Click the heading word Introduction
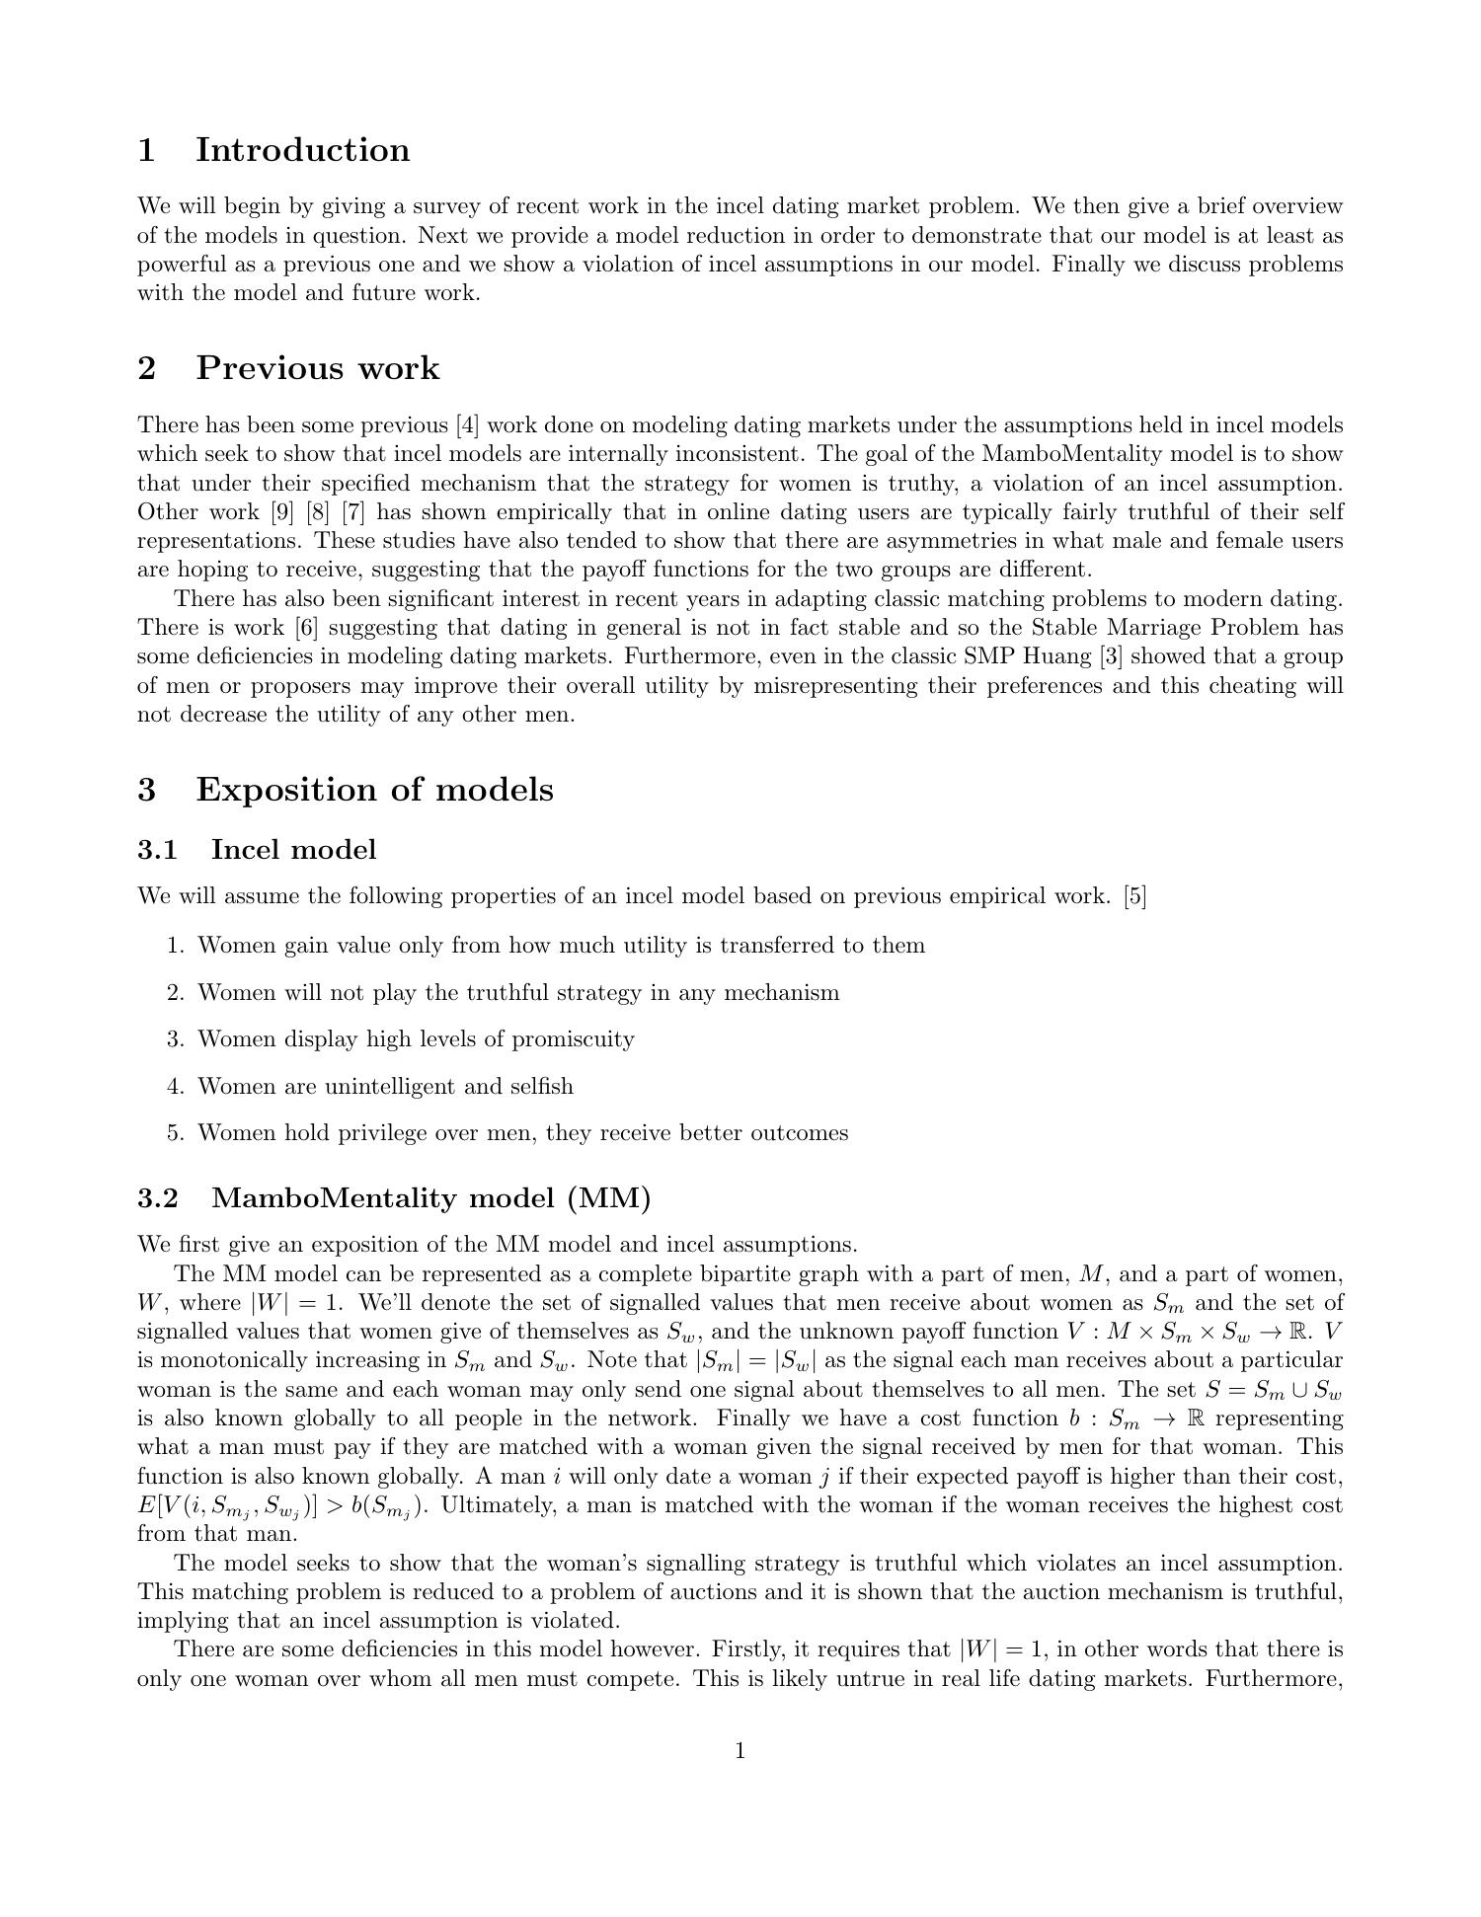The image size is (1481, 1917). [302, 150]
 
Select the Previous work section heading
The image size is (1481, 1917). [317, 368]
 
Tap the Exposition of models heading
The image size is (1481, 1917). [374, 790]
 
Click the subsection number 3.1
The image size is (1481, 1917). [157, 850]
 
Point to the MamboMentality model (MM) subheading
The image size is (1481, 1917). [431, 1198]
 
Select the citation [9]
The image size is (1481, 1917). [280, 512]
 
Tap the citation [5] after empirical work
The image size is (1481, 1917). [1134, 896]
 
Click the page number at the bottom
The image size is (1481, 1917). [740, 1751]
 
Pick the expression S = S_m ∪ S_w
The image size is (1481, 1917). [1274, 1390]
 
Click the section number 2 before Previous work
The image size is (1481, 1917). [147, 368]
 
